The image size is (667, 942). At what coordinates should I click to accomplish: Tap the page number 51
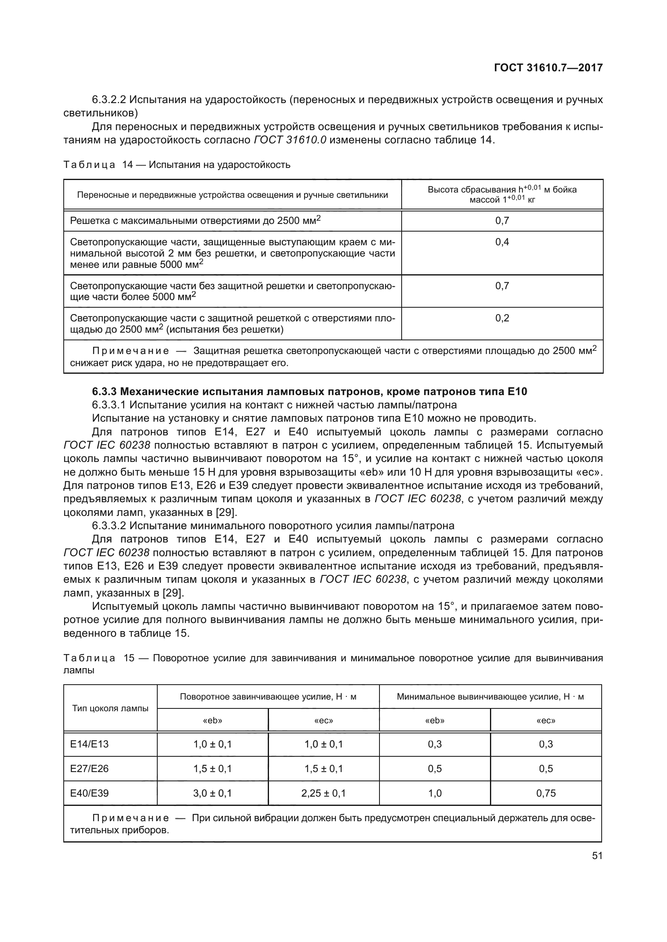597,855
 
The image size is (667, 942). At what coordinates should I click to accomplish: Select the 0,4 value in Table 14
502,242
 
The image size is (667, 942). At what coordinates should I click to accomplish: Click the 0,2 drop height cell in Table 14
502,319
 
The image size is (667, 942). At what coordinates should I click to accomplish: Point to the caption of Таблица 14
177,165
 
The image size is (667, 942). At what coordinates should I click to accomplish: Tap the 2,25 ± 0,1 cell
323,793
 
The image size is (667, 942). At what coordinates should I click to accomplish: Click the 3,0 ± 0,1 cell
213,793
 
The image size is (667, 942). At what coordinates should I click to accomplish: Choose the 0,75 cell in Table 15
546,793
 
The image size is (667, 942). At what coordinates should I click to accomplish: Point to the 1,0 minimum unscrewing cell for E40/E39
435,793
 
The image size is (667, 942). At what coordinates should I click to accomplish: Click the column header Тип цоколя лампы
110,708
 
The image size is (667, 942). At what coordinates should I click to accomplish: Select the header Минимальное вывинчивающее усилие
490,697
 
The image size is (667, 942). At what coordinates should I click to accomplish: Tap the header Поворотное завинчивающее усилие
268,697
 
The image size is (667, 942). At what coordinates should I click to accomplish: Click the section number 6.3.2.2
109,100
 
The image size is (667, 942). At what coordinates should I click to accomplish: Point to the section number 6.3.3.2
109,526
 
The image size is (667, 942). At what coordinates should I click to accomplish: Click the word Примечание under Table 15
131,818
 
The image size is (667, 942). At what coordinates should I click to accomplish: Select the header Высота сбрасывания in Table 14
502,195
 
